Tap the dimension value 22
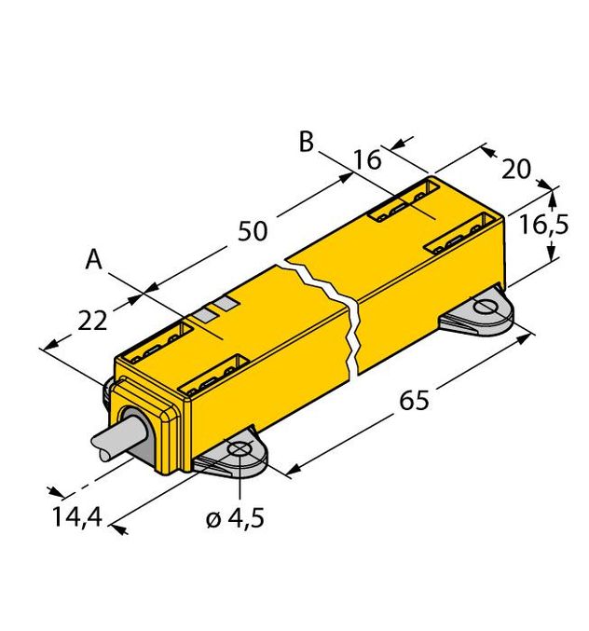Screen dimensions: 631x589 point(91,321)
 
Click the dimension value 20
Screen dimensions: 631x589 point(515,169)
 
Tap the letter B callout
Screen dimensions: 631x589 point(306,143)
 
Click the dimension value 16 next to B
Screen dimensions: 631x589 point(366,159)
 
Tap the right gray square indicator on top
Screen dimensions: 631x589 point(226,305)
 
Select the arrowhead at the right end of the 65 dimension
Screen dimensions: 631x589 point(534,336)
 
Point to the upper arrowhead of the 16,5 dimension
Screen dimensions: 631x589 point(553,192)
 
